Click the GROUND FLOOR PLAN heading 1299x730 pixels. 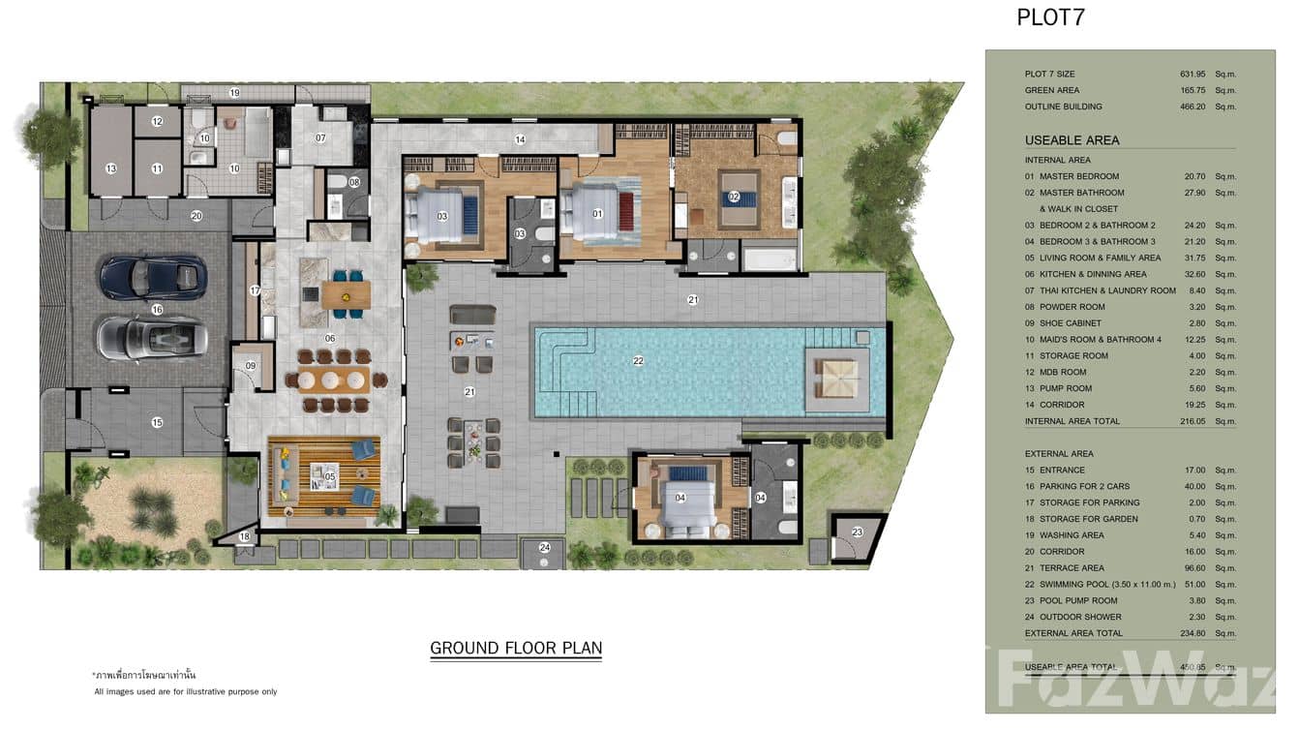(x=516, y=648)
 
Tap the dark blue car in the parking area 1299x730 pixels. (x=153, y=277)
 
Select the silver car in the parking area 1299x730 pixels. (x=152, y=338)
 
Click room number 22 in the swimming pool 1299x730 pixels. (x=638, y=361)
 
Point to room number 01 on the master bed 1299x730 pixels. (x=597, y=214)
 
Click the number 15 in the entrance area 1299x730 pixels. (x=157, y=422)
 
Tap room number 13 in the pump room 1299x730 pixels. (x=110, y=168)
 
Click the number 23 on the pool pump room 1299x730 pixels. (x=857, y=532)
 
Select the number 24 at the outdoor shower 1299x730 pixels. (x=545, y=548)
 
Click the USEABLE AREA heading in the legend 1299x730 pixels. (x=1072, y=140)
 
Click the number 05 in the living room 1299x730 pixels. (x=330, y=476)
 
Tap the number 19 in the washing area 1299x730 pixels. (x=234, y=93)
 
